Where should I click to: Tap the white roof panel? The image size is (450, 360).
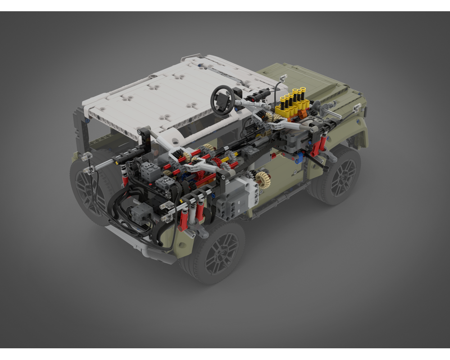pos(167,99)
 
